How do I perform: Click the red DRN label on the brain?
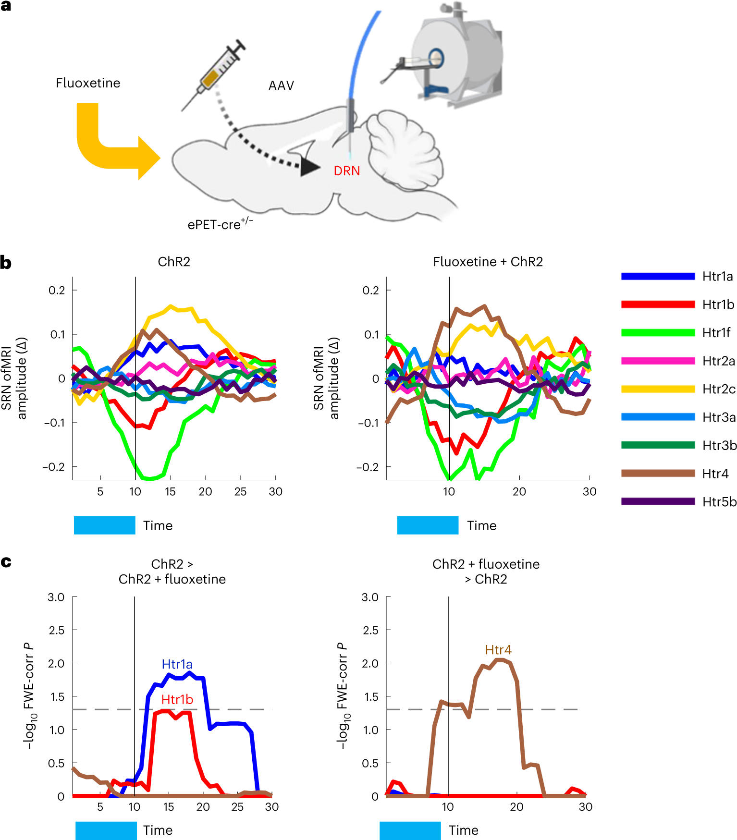click(x=346, y=171)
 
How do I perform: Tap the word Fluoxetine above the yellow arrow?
click(x=88, y=83)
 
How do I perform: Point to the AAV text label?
click(x=281, y=85)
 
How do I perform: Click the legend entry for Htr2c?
click(x=718, y=389)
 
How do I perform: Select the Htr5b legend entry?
click(x=719, y=502)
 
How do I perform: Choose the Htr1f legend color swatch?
click(x=658, y=333)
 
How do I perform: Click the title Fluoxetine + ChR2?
click(x=488, y=262)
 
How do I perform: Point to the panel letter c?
click(x=6, y=561)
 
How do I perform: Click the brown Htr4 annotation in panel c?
click(x=498, y=650)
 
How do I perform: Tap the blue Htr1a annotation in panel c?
click(x=177, y=664)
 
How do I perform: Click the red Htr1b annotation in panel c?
click(x=177, y=700)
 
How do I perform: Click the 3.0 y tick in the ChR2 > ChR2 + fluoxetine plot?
click(x=56, y=597)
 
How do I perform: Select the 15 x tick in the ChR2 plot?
click(x=170, y=491)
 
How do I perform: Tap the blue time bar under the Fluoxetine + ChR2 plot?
click(x=428, y=525)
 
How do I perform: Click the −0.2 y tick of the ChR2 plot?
click(x=54, y=467)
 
